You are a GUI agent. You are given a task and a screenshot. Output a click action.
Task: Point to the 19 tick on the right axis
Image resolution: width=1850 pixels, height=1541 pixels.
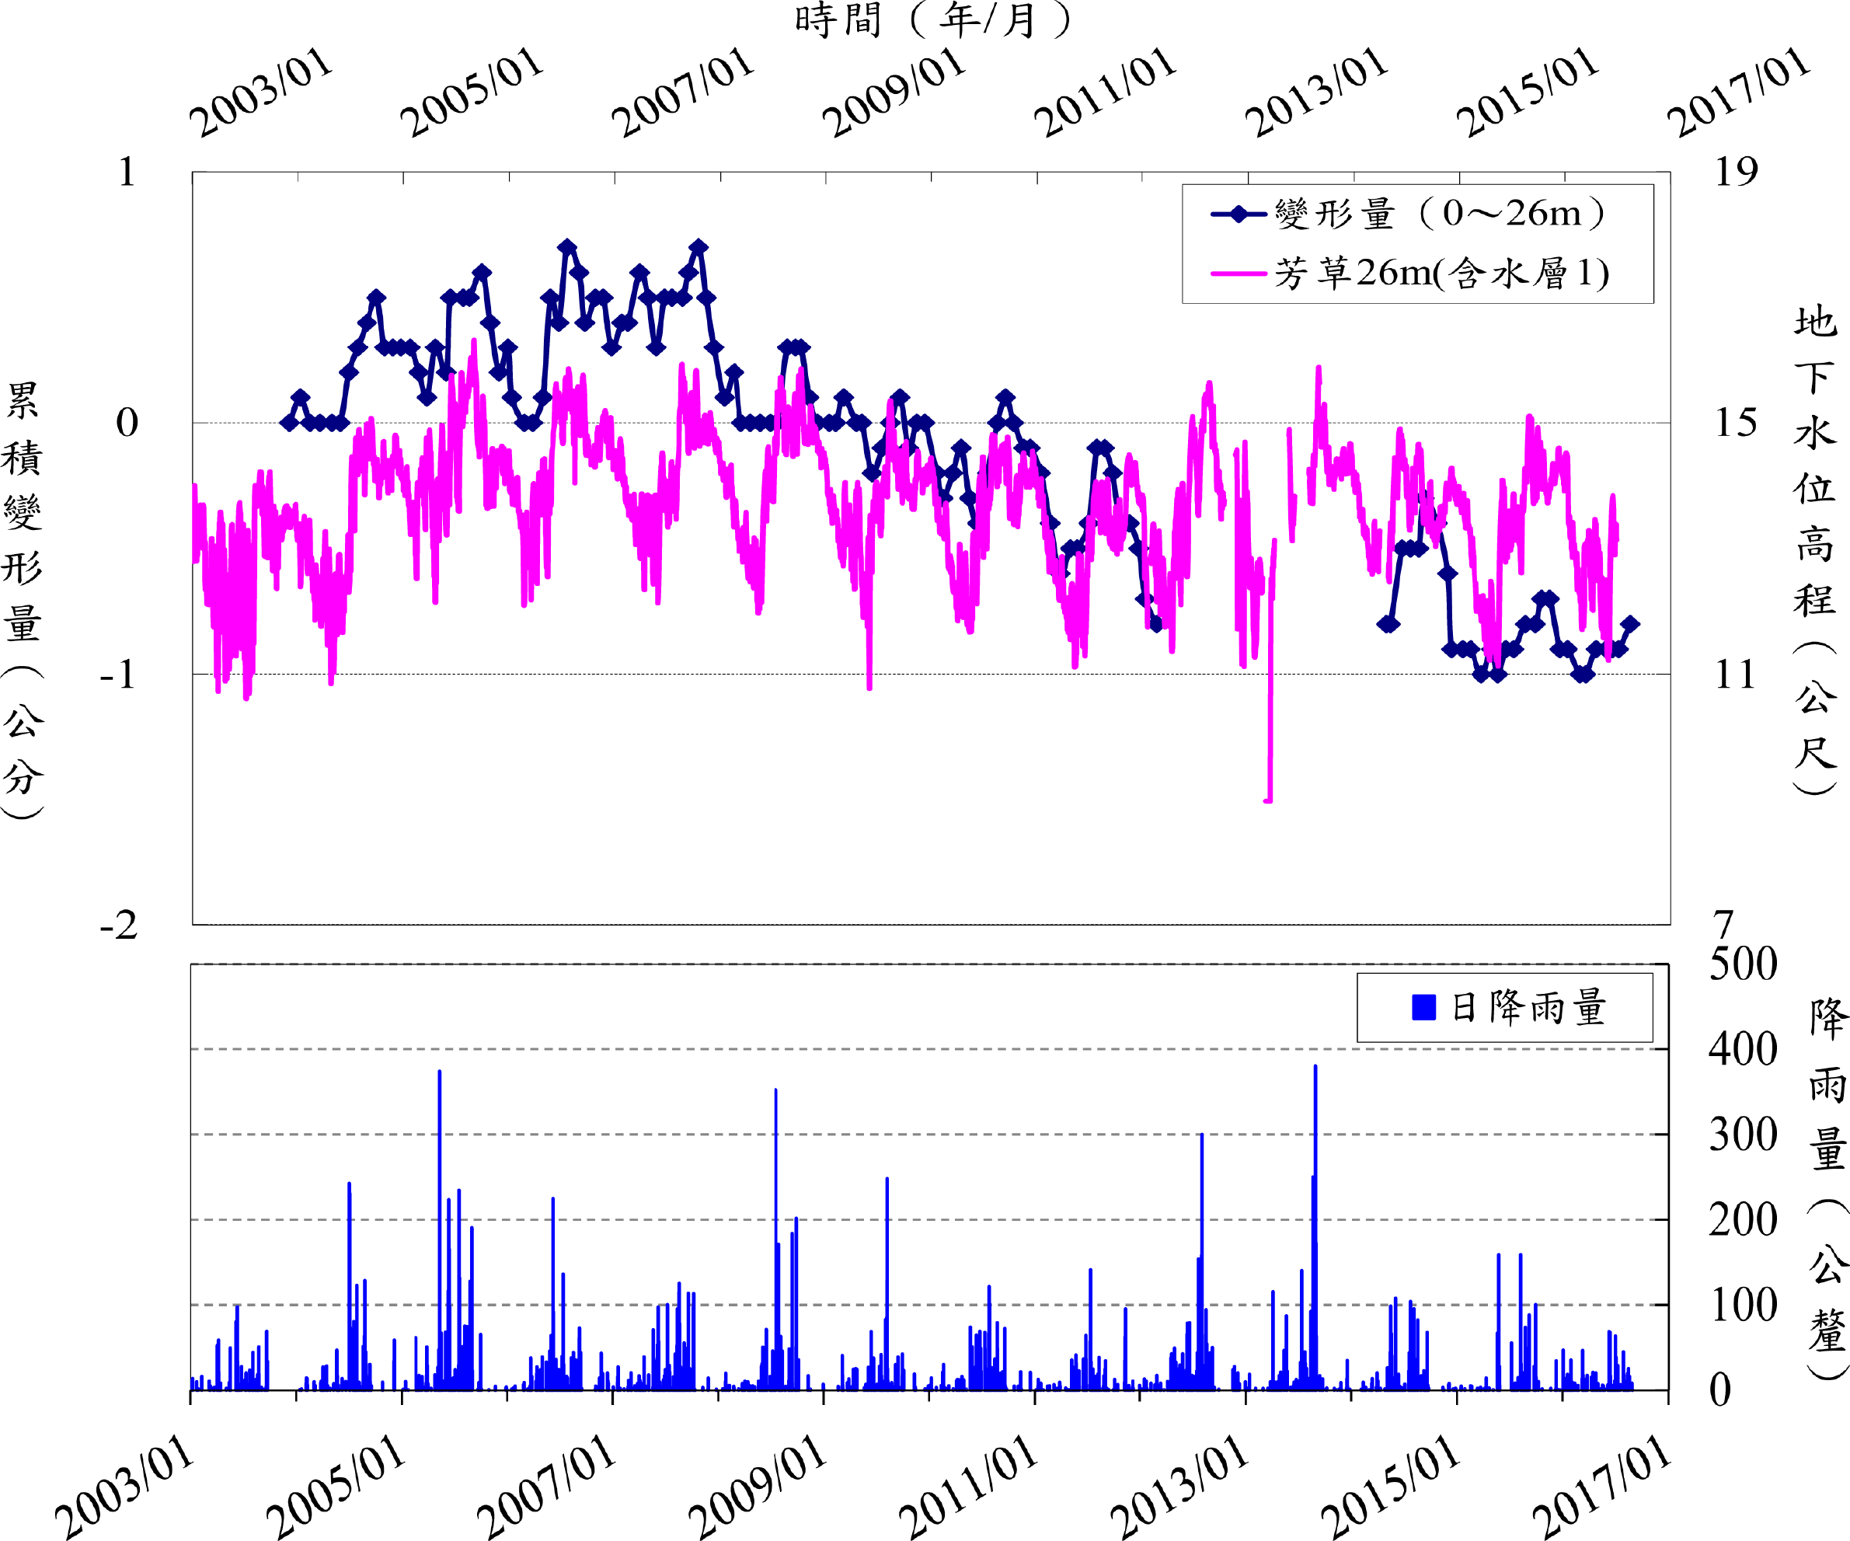1736,173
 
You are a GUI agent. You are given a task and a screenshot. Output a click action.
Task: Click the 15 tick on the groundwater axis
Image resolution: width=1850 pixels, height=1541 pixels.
1736,424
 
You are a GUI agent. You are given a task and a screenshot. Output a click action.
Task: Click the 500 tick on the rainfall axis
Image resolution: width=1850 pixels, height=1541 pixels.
1743,965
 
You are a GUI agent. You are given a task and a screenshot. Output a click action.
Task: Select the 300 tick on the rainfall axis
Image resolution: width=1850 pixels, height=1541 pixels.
1743,1135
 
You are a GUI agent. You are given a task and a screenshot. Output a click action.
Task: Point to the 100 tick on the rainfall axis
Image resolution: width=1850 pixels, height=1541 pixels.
1743,1306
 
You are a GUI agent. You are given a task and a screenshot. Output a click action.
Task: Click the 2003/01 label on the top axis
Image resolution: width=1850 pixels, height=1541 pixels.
262,92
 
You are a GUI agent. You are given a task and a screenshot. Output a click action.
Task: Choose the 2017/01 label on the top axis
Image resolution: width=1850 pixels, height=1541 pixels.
1738,92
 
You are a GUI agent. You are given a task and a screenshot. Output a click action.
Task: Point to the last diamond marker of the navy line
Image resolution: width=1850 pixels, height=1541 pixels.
1630,624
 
